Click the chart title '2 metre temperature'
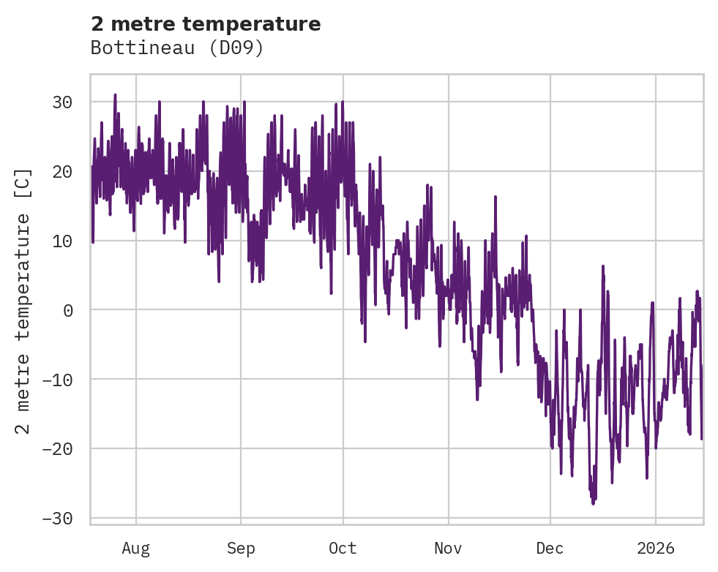click(206, 24)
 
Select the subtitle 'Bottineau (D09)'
click(176, 48)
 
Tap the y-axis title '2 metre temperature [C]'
click(23, 300)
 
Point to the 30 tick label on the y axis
click(62, 102)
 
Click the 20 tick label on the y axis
click(62, 172)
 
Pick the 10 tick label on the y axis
click(62, 241)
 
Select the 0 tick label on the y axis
click(68, 310)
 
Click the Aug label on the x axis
click(135, 548)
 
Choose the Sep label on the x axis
click(240, 548)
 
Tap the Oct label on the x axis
click(343, 548)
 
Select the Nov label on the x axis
click(448, 548)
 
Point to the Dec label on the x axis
click(550, 548)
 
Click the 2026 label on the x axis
click(655, 548)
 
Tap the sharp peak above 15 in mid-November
click(496, 196)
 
